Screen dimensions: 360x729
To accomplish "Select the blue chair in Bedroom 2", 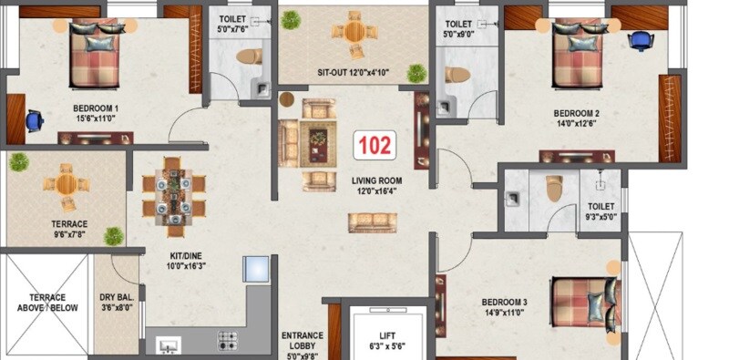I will [641, 39].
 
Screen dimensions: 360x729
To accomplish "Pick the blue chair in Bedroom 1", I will [35, 119].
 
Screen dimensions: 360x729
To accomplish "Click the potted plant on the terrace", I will [19, 162].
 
